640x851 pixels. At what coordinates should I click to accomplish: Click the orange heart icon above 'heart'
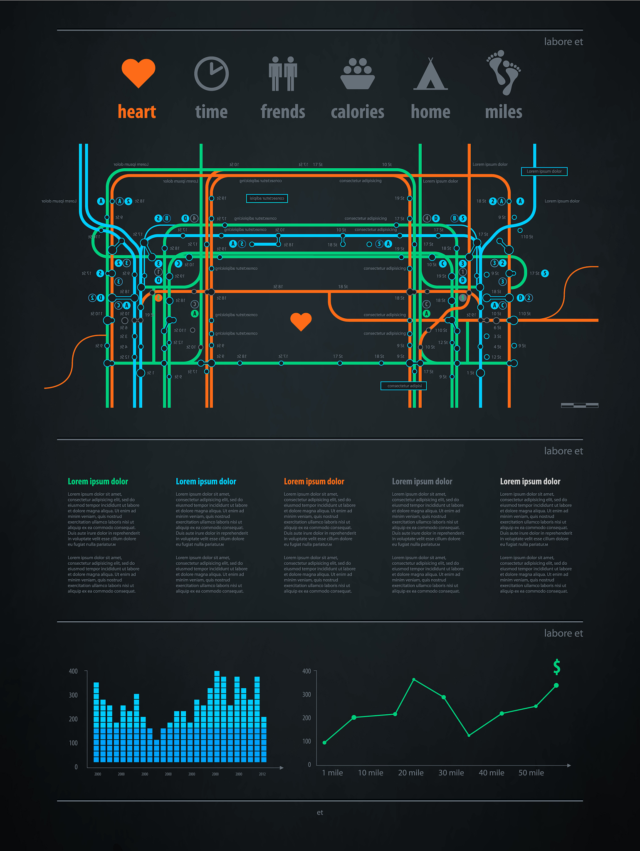(x=138, y=73)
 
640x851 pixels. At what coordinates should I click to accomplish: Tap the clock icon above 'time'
(x=211, y=74)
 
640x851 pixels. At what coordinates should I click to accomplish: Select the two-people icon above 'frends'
(x=283, y=74)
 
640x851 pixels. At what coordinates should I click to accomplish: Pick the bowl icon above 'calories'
(x=358, y=74)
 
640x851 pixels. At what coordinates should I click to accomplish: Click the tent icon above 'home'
(x=430, y=74)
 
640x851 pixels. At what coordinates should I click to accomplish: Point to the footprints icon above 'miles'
(x=504, y=72)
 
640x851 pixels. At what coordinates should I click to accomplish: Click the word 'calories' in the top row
(x=358, y=112)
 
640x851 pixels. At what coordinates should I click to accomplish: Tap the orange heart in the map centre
(x=301, y=321)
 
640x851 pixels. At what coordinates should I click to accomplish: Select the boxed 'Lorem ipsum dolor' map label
(x=544, y=171)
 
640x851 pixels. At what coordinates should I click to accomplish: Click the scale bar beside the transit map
(x=579, y=405)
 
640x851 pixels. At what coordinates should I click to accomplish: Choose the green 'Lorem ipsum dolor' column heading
(x=98, y=481)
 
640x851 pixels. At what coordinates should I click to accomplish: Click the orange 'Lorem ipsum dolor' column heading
(x=314, y=481)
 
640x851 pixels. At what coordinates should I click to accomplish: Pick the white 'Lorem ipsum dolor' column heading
(x=530, y=481)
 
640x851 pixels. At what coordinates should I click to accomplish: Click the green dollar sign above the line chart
(x=557, y=667)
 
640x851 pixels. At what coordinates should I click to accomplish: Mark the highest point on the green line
(x=414, y=680)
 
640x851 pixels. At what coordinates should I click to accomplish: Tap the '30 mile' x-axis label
(x=451, y=772)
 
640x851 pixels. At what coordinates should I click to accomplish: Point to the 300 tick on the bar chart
(x=73, y=695)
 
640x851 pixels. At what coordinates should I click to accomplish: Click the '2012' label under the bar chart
(x=262, y=774)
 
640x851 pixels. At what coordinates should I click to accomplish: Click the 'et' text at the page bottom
(x=320, y=812)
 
